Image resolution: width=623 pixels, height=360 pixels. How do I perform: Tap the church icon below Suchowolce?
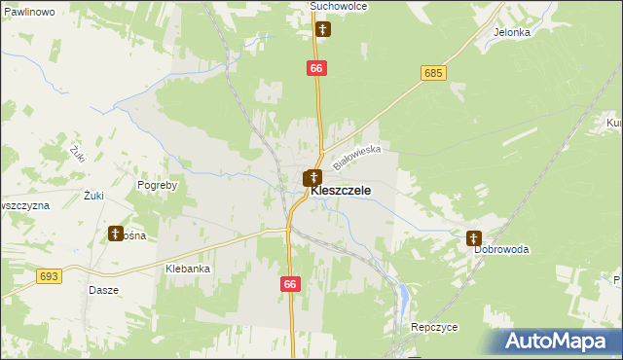pyautogui.click(x=323, y=29)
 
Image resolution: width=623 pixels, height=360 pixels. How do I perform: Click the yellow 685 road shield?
pyautogui.click(x=434, y=73)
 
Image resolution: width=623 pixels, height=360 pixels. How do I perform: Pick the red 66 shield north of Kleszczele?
pyautogui.click(x=315, y=68)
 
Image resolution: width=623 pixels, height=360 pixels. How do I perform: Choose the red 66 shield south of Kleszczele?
pyautogui.click(x=290, y=284)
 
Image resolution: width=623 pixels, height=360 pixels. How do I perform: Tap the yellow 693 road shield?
pyautogui.click(x=50, y=277)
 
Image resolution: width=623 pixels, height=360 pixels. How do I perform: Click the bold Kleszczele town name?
pyautogui.click(x=340, y=191)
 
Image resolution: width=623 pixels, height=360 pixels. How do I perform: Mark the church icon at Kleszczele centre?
pyautogui.click(x=312, y=178)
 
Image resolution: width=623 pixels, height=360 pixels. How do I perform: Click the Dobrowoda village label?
pyautogui.click(x=501, y=249)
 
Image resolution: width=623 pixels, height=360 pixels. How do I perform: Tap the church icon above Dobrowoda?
pyautogui.click(x=474, y=237)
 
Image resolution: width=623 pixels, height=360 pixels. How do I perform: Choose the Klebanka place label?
pyautogui.click(x=188, y=269)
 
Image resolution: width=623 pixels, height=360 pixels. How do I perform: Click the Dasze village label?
pyautogui.click(x=103, y=290)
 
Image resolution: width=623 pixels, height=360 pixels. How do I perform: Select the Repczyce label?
pyautogui.click(x=434, y=328)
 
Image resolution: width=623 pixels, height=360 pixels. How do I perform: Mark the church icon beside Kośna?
pyautogui.click(x=116, y=234)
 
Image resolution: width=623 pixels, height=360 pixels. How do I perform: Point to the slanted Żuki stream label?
pyautogui.click(x=79, y=153)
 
